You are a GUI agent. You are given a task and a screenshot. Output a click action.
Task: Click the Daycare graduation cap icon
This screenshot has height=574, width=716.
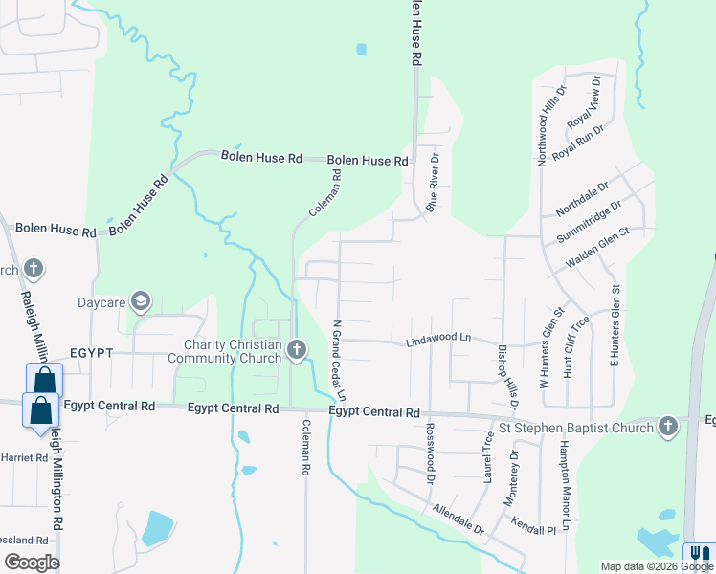tap(141, 303)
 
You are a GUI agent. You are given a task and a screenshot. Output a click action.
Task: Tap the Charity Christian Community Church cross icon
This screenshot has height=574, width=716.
tap(296, 351)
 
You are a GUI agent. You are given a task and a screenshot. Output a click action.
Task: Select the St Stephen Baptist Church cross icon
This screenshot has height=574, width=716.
tap(668, 427)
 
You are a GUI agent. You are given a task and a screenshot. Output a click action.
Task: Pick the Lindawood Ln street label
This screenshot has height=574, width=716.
tap(439, 338)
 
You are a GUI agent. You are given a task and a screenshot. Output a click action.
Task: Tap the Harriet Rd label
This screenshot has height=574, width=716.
tap(24, 458)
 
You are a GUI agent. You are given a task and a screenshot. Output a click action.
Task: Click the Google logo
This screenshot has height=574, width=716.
tap(32, 563)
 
